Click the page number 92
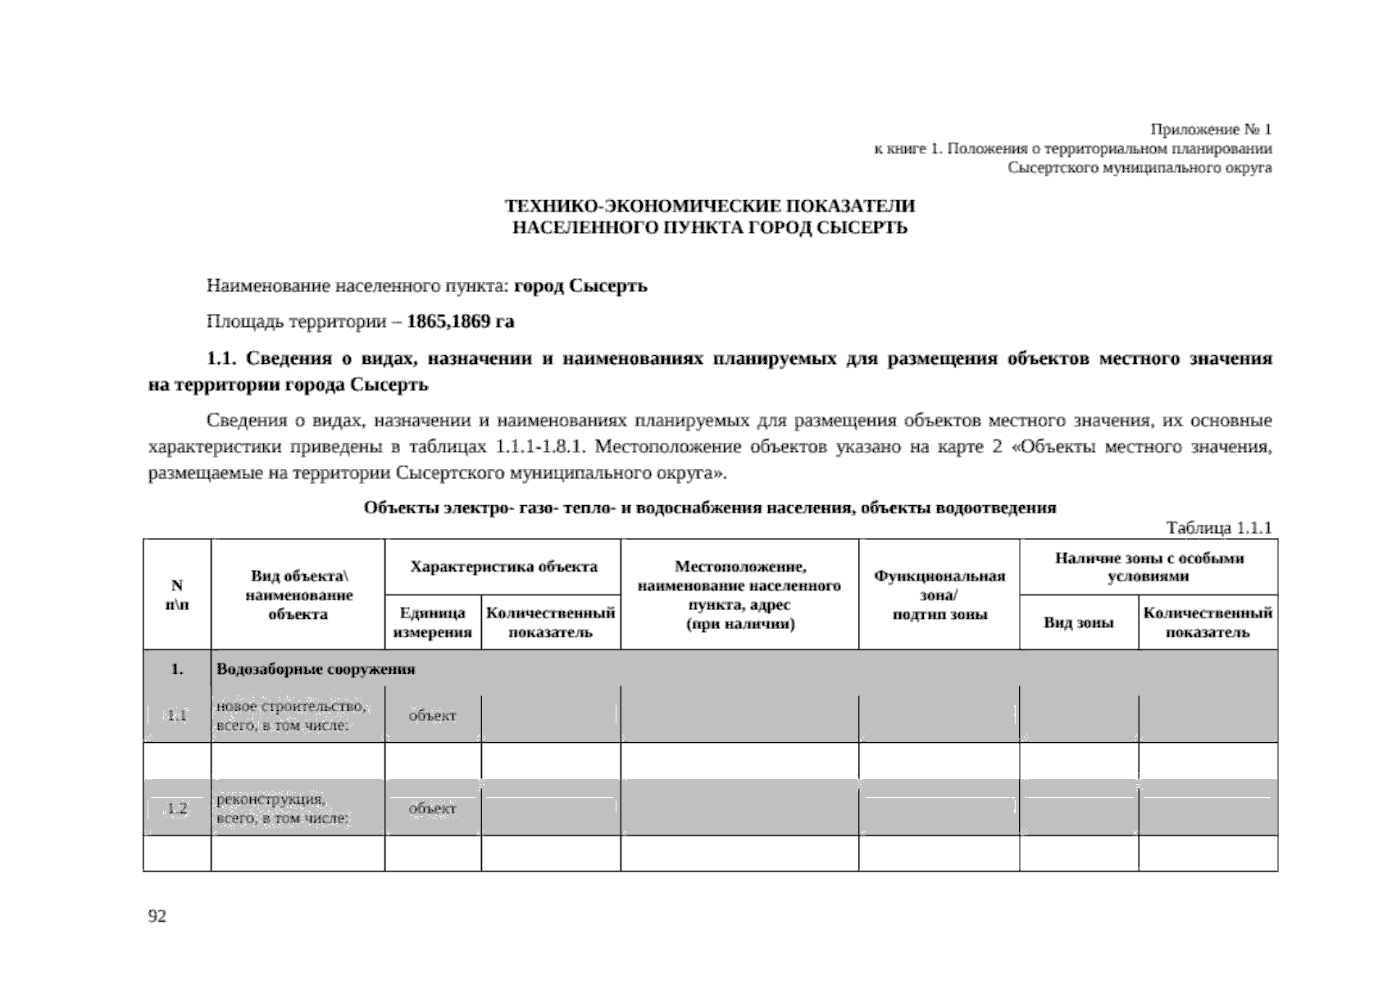tap(157, 917)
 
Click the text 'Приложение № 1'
tap(1211, 130)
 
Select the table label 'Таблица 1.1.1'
tap(1218, 528)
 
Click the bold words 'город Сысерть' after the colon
tap(580, 286)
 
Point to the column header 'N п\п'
tap(176, 594)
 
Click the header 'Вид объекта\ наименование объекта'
tap(298, 594)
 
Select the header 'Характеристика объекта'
tap(503, 567)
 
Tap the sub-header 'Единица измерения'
tap(433, 622)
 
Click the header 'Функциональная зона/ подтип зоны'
tap(939, 594)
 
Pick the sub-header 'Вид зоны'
tap(1078, 623)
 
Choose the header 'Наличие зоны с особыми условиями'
tap(1149, 567)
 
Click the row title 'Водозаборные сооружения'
tap(316, 669)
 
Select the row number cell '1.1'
tap(177, 716)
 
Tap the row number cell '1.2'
tap(177, 809)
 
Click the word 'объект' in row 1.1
tap(432, 716)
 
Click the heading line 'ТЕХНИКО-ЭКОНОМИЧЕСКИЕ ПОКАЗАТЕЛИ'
tap(709, 206)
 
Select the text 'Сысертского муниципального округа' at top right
tap(1140, 168)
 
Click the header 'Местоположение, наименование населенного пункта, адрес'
tap(739, 594)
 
